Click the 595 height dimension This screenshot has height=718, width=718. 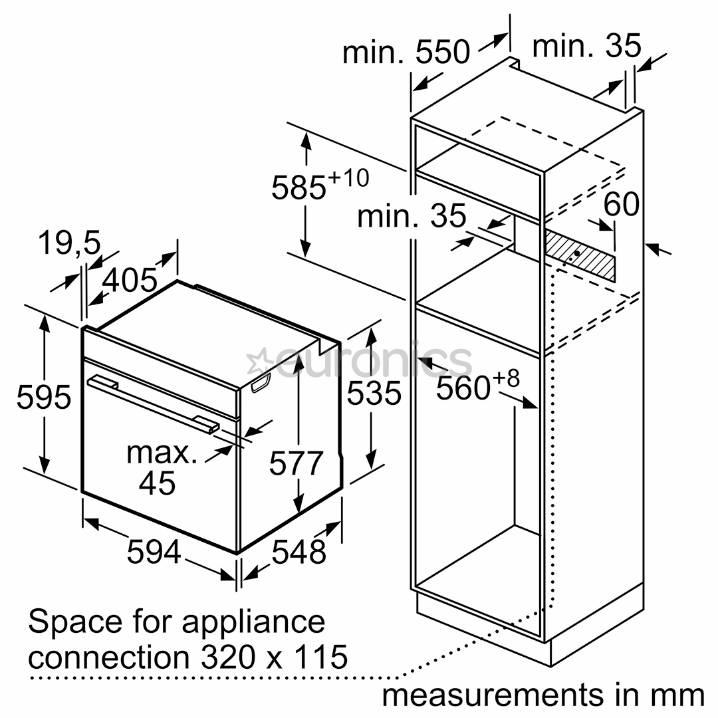[x=43, y=397]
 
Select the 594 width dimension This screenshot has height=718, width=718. [x=154, y=551]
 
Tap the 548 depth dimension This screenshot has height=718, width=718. [x=299, y=551]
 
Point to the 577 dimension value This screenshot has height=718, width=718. [x=296, y=463]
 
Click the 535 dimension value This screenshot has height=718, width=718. [x=374, y=393]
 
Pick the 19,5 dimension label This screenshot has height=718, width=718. [x=68, y=243]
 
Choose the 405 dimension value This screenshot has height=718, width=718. [x=130, y=281]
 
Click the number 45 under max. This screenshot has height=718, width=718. [x=158, y=482]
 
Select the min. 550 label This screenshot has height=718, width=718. [x=406, y=52]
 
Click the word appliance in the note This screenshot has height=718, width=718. [x=253, y=622]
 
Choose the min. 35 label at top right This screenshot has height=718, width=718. [x=586, y=46]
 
